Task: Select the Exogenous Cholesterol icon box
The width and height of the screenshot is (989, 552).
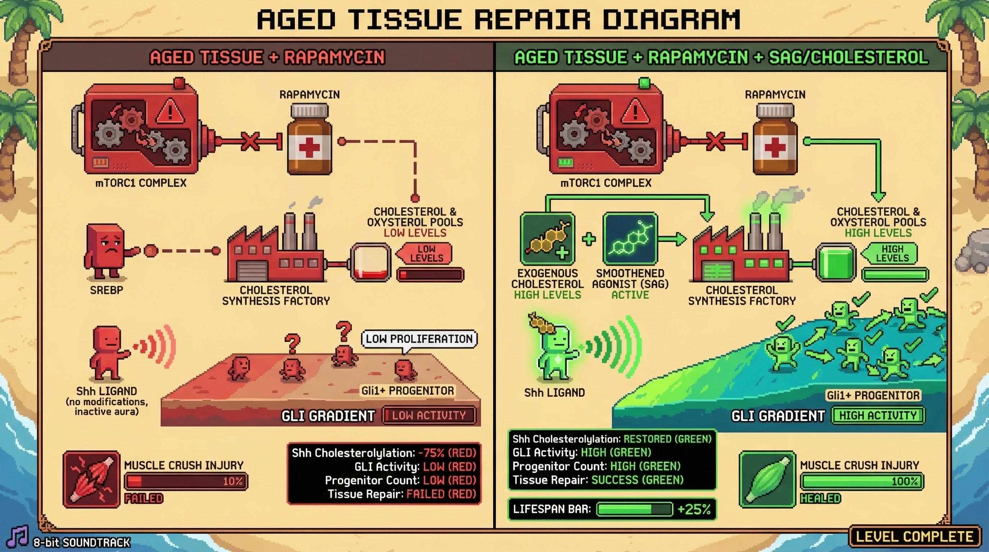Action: tap(547, 239)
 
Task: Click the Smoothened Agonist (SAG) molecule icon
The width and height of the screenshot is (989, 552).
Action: tap(630, 239)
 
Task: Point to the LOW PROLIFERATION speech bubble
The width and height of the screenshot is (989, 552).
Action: tap(419, 339)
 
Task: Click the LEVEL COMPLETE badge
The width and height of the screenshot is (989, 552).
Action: tap(914, 536)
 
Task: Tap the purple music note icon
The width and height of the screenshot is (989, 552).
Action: tap(18, 536)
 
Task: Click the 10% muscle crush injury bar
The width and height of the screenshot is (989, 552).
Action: tap(186, 481)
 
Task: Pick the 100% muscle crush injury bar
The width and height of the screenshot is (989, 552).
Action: tap(861, 481)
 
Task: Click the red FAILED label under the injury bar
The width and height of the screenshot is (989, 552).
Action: tap(144, 498)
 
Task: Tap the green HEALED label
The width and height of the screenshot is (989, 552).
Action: tap(820, 498)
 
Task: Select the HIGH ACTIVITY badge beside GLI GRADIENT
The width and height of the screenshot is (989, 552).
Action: tap(878, 415)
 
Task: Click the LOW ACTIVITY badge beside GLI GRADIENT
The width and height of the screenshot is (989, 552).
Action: tap(428, 415)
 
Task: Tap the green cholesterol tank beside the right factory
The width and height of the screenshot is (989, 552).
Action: tap(836, 262)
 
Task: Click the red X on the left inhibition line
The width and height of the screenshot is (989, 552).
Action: tap(250, 141)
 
